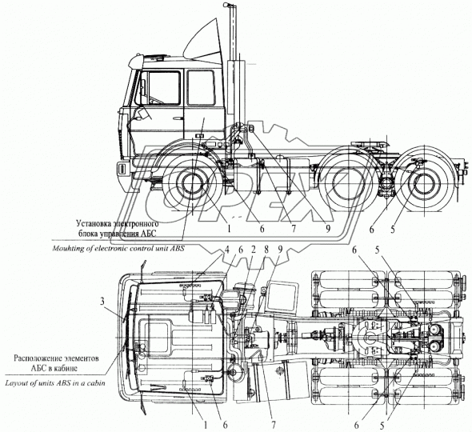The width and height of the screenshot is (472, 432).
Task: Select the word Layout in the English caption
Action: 21,383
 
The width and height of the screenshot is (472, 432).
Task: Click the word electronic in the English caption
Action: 118,249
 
